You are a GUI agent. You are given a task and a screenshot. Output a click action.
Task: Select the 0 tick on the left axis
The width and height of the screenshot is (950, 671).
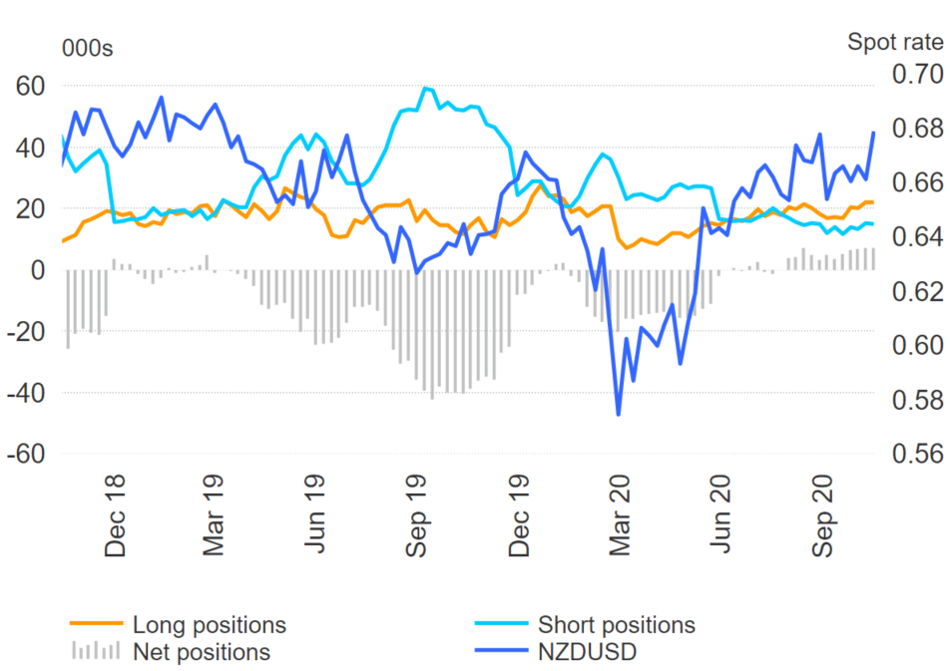pos(38,270)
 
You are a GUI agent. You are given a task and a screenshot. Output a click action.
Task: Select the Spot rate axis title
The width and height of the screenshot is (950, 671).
pos(894,42)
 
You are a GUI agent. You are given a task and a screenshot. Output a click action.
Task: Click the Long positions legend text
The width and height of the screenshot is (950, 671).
pos(209,625)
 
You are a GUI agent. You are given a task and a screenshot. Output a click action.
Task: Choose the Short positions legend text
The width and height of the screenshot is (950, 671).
pos(616,625)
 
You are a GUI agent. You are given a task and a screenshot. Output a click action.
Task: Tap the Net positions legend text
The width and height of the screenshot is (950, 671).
pos(201,652)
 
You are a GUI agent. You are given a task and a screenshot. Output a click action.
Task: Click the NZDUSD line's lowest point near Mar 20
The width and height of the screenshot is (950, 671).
pos(619,414)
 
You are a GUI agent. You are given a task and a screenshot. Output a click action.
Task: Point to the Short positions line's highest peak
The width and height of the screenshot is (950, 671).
pos(426,88)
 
